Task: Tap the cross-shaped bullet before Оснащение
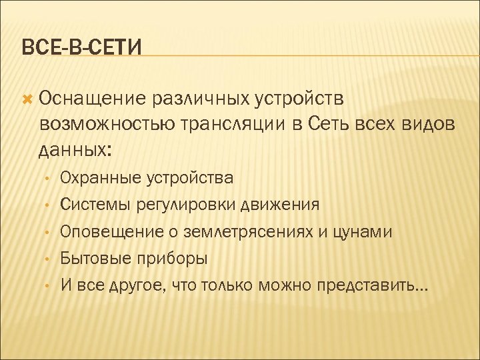coord(27,99)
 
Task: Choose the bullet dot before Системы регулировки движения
coord(47,205)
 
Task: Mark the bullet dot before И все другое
coord(47,286)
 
